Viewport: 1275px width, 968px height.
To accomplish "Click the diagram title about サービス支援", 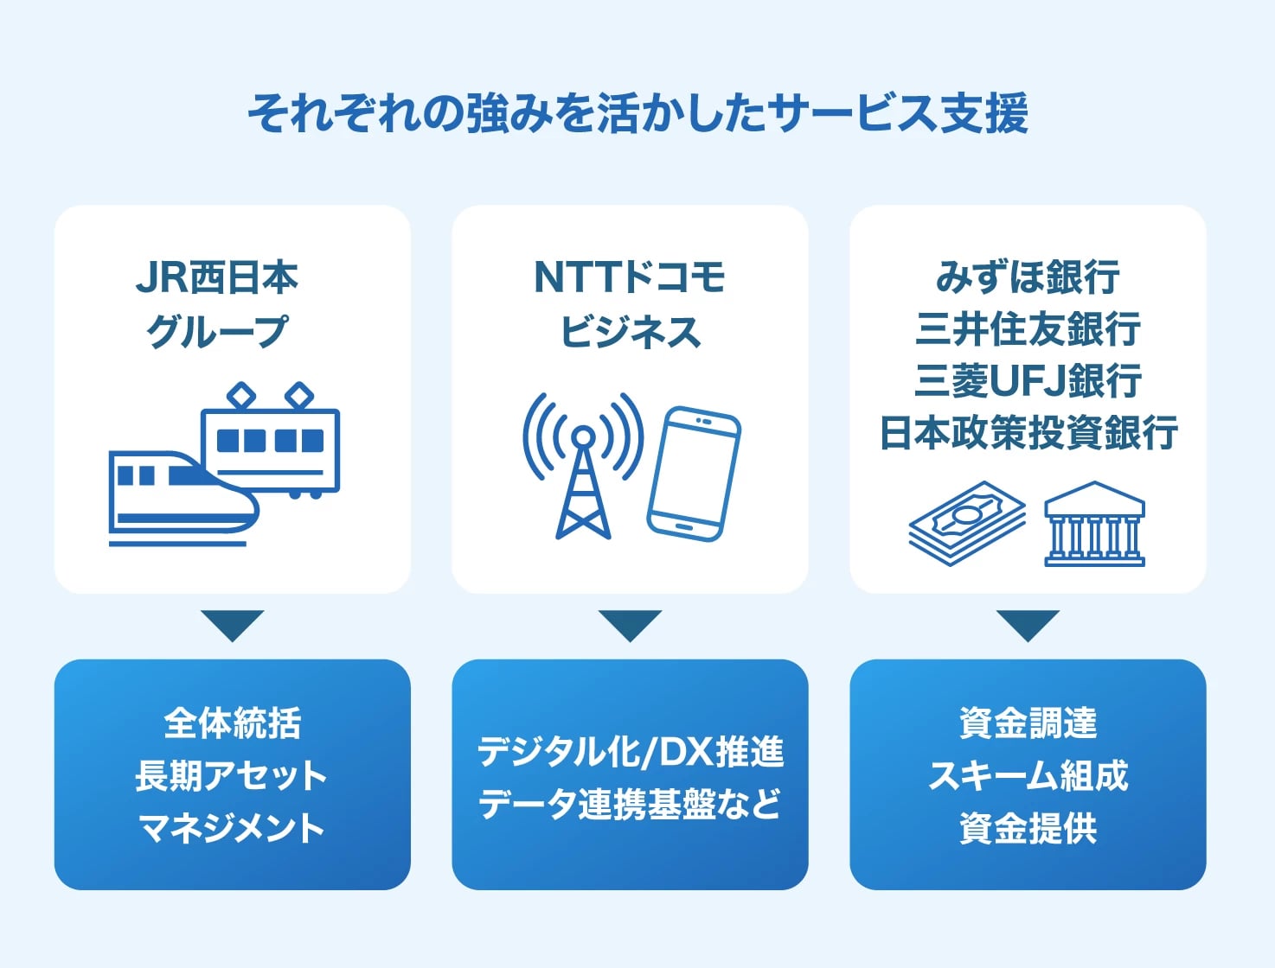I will click(637, 113).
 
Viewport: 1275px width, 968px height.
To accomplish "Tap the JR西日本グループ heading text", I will click(217, 304).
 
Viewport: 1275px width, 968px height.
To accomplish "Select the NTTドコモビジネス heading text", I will click(630, 304).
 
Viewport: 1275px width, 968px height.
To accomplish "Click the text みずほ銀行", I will click(1028, 277).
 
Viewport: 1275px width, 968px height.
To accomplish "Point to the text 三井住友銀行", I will click(1028, 329).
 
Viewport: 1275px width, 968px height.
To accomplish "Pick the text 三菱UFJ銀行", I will click(1028, 381).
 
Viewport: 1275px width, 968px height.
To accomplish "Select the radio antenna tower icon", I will click(583, 467).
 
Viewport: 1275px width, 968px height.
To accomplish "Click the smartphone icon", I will click(694, 473).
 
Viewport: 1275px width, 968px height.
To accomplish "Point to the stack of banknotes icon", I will click(966, 524).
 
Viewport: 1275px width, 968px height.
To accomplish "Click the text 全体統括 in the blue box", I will click(232, 723).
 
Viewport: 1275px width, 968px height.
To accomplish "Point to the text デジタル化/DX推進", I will click(630, 751).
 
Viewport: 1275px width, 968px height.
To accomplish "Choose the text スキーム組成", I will click(1028, 775).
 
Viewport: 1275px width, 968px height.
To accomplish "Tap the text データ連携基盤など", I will click(630, 804).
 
